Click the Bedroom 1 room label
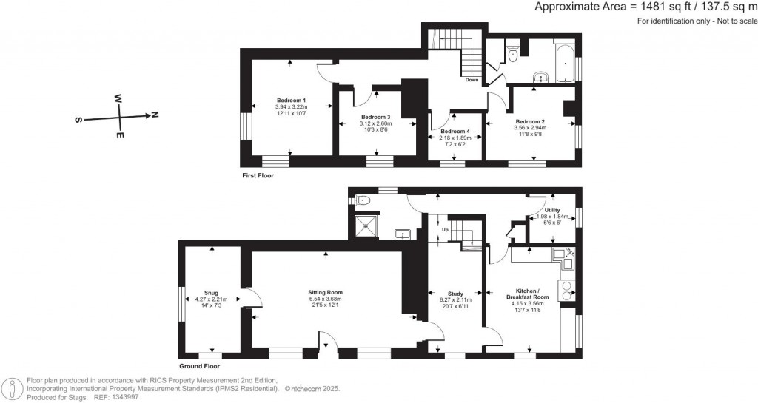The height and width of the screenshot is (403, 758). (292, 100)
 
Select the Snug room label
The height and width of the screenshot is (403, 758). (212, 292)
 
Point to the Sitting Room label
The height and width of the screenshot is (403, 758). (326, 292)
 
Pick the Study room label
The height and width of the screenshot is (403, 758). (455, 294)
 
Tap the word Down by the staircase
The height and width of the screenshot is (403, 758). (472, 80)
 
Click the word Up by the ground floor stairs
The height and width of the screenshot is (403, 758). (445, 230)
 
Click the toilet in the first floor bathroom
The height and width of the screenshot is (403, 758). (513, 51)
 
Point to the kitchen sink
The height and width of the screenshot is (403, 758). (569, 261)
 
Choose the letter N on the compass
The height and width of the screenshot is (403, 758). (154, 115)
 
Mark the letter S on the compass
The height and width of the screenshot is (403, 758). (79, 119)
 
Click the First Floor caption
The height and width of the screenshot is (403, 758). (260, 176)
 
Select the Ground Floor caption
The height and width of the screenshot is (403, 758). (199, 366)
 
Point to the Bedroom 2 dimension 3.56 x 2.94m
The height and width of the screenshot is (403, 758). (530, 128)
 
